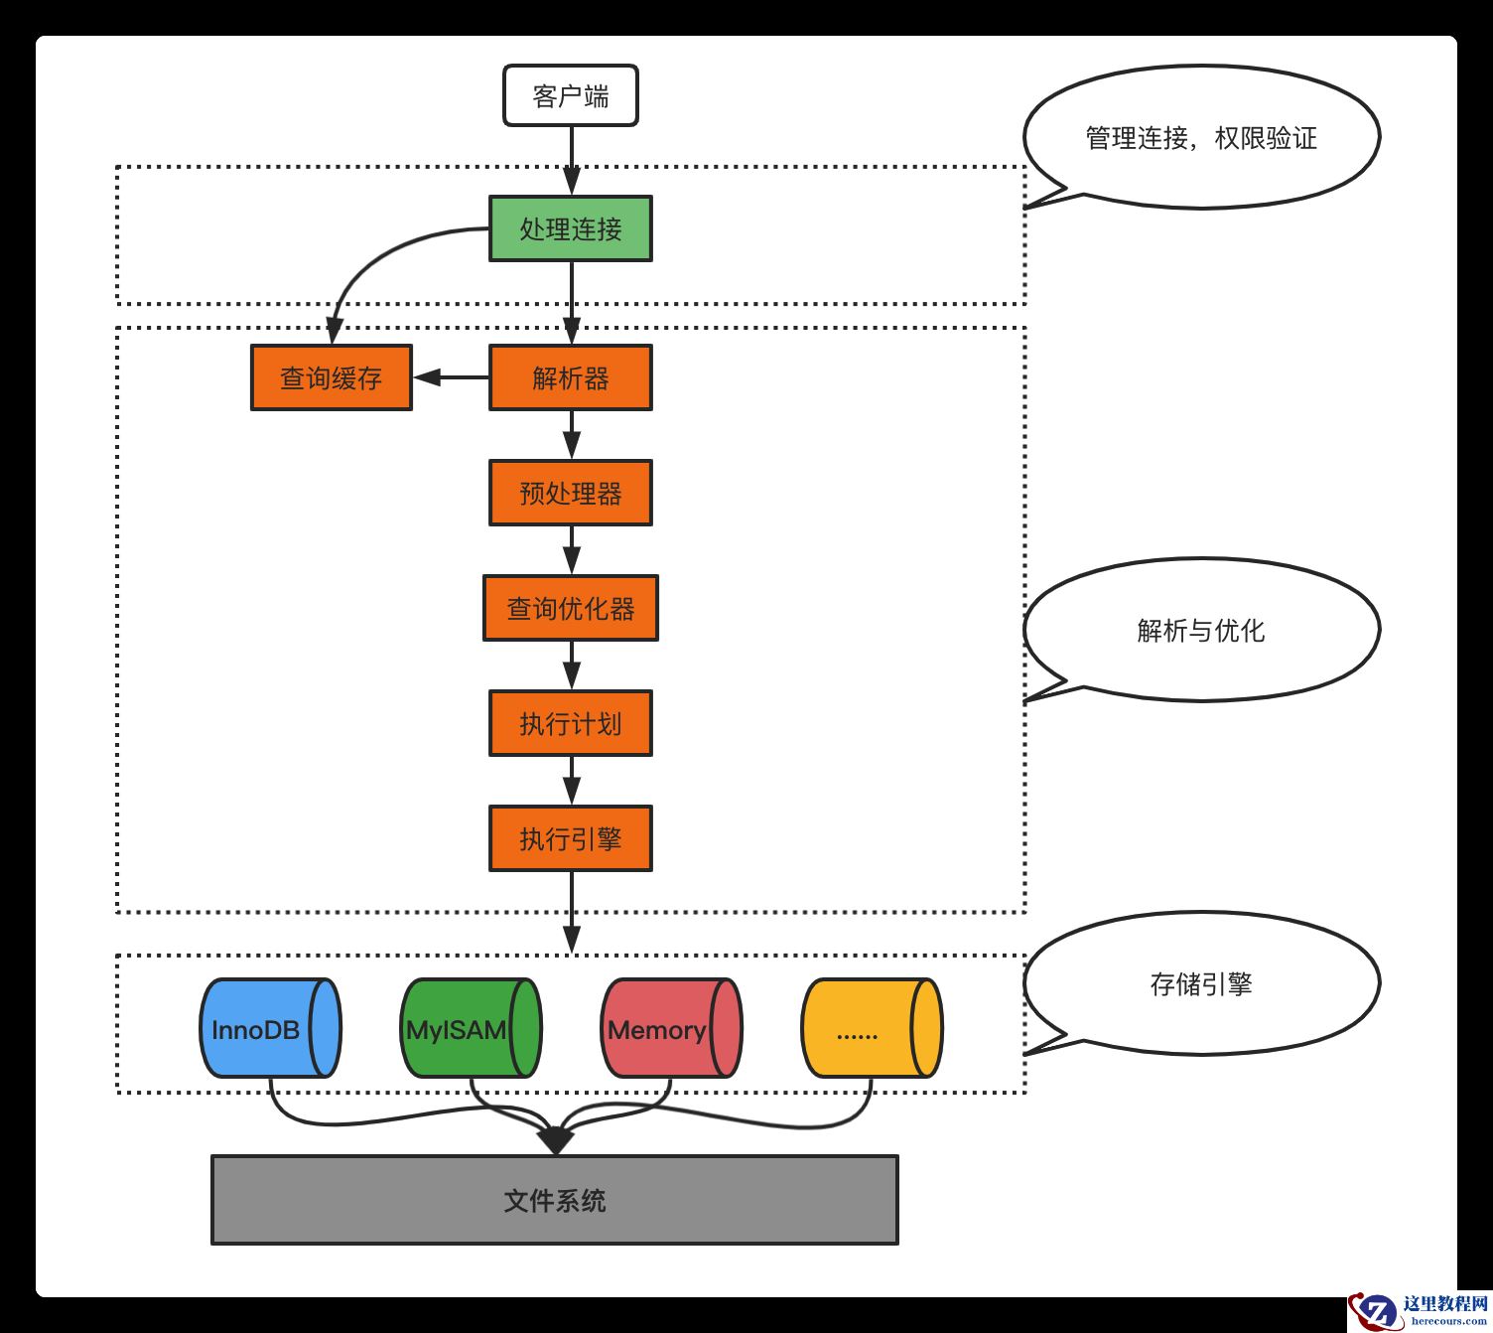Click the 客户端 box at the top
pos(570,96)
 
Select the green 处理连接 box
pos(570,228)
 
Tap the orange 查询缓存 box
pos(331,377)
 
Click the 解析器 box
pos(570,377)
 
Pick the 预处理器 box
pos(570,493)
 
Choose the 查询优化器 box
pos(570,608)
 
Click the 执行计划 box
pos(570,723)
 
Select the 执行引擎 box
pos(570,838)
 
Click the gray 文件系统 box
pos(554,1200)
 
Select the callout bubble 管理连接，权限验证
pos(1201,137)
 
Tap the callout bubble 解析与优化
pos(1201,630)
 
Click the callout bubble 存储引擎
pos(1201,983)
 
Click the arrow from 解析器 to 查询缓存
pos(452,377)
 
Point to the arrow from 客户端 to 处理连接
pos(571,159)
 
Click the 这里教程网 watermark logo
pos(1420,1310)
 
